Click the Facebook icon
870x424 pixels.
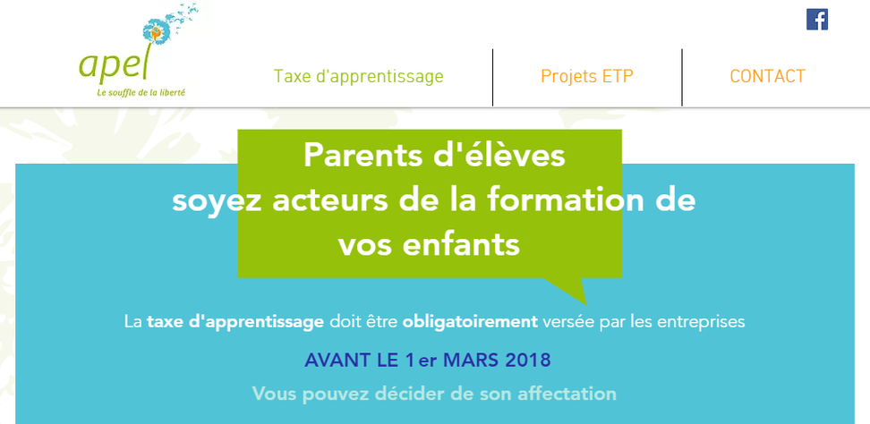(816, 20)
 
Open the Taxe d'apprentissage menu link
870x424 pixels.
(358, 77)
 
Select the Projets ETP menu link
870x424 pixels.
(586, 76)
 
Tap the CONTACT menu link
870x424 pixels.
(767, 76)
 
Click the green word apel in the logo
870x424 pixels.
(114, 64)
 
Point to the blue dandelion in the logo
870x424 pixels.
(156, 30)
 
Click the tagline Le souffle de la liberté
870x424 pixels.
(141, 92)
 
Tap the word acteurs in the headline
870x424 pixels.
(330, 201)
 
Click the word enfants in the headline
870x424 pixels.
(461, 245)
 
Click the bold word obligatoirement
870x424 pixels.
(470, 322)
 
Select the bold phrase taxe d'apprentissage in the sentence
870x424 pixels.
(235, 322)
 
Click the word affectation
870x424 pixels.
(567, 394)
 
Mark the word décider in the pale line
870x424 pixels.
(408, 394)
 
